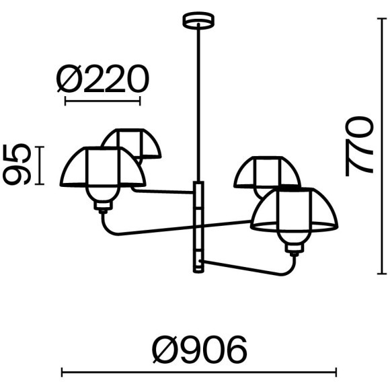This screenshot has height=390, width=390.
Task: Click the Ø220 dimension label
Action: tap(103, 79)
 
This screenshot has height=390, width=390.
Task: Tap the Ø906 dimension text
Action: tap(200, 350)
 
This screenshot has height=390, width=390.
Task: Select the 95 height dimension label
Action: tap(17, 165)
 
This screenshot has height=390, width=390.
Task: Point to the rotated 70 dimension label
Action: tap(360, 147)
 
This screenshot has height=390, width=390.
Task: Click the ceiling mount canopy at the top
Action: tap(198, 20)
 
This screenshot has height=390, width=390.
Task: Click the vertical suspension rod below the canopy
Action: tap(198, 102)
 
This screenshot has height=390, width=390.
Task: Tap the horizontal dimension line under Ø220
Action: tap(102, 102)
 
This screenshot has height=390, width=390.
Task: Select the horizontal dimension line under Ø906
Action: tap(199, 373)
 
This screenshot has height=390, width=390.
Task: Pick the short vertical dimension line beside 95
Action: tap(39, 165)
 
